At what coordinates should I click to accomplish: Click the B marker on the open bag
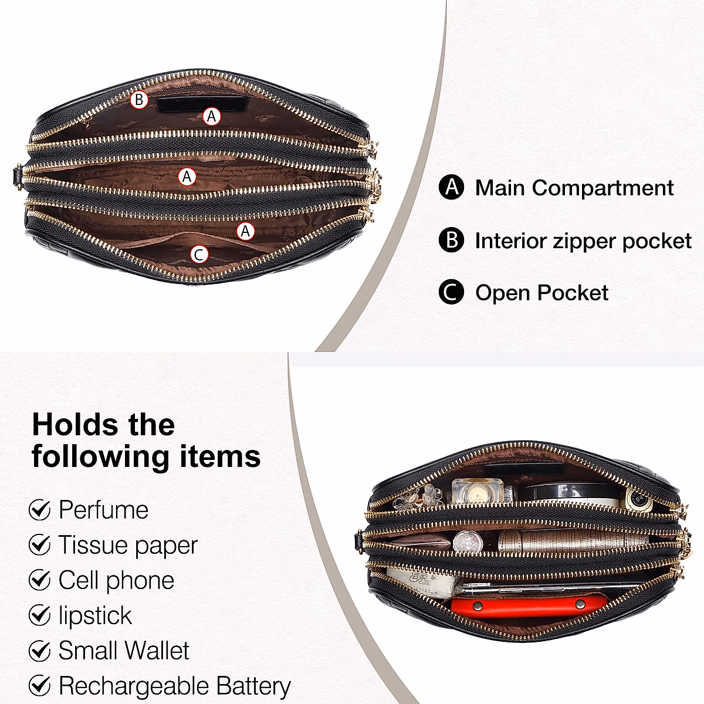tap(139, 100)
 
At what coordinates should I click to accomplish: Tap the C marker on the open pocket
tap(199, 254)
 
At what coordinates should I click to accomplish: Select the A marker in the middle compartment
tap(187, 176)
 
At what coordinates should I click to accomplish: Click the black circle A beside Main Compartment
tap(451, 187)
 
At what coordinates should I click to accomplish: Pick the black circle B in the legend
tap(451, 240)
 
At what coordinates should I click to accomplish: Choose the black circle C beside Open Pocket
tap(451, 292)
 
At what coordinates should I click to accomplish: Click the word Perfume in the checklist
tap(103, 510)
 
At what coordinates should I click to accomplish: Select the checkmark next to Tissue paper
tap(39, 545)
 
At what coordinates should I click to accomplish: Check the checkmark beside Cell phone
tap(39, 580)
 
